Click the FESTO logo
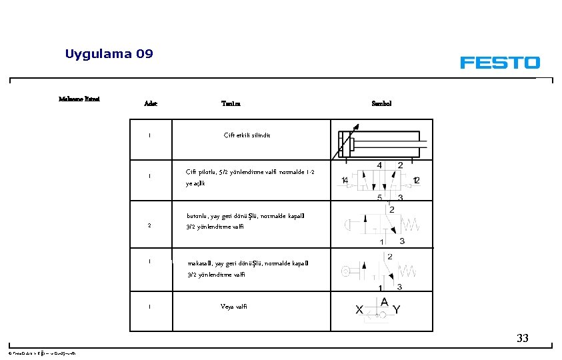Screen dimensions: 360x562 (499, 63)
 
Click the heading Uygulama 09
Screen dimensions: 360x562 (109, 54)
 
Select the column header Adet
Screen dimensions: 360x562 (151, 103)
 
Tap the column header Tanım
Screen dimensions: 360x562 (231, 103)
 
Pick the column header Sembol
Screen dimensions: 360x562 (381, 103)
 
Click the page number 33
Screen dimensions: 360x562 (522, 338)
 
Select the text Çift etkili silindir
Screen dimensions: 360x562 (247, 135)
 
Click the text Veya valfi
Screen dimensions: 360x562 (234, 307)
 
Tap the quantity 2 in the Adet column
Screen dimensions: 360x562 (150, 225)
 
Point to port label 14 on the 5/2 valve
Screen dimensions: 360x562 (345, 180)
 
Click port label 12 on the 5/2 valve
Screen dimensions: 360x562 (417, 180)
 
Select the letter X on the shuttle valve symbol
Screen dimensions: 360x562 (359, 311)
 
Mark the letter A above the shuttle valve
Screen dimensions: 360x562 (383, 301)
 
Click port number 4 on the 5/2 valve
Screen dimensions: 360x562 (379, 165)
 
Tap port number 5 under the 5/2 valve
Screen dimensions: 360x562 (379, 197)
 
